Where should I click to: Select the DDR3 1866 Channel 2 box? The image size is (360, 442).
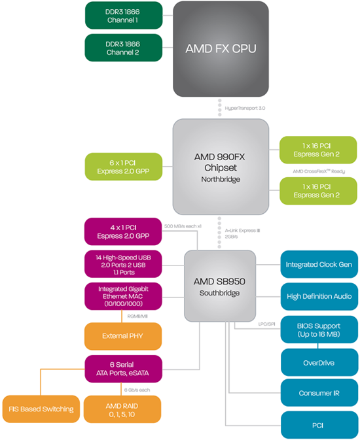click(124, 48)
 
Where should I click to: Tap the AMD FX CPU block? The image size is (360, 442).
click(221, 49)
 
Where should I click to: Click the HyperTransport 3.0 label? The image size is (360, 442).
click(244, 107)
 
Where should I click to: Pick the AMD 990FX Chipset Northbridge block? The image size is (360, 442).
click(221, 166)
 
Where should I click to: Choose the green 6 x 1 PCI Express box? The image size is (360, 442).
click(124, 167)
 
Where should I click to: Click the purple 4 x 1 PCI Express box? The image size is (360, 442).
click(124, 231)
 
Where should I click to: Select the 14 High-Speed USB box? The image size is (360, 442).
click(124, 264)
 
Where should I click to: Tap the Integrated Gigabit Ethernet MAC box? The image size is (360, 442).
click(124, 296)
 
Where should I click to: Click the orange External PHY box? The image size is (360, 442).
click(124, 336)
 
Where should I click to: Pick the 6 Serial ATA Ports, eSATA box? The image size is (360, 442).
click(124, 369)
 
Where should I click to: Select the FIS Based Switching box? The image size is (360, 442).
click(41, 409)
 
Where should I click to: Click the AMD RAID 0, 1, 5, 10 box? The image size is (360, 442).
click(124, 409)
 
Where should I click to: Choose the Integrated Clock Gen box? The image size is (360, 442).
click(319, 265)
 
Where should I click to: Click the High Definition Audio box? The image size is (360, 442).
click(319, 296)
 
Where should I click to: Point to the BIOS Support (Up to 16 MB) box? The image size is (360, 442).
click(319, 330)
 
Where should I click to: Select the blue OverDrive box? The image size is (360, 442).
click(319, 362)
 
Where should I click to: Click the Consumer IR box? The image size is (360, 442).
click(319, 393)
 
